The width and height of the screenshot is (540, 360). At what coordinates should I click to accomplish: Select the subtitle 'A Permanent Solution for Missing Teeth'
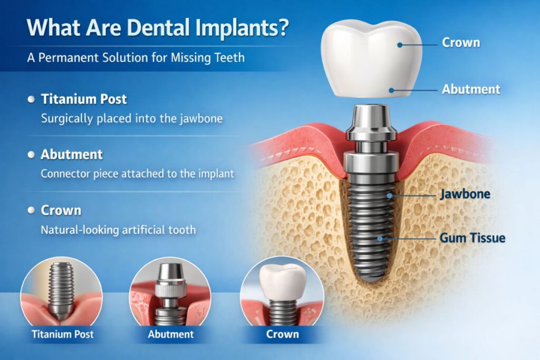[136, 57]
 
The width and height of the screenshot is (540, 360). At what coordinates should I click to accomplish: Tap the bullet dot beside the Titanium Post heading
[31, 100]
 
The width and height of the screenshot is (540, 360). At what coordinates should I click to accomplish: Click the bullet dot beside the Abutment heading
[31, 155]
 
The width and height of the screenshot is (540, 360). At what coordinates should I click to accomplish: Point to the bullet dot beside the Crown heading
[31, 210]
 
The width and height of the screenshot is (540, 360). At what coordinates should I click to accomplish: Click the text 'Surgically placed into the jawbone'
[132, 119]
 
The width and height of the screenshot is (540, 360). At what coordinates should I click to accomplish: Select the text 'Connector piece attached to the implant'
[138, 173]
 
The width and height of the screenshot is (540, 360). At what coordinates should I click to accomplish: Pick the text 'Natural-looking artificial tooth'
[118, 230]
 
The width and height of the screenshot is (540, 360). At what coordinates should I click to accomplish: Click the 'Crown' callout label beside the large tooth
[461, 43]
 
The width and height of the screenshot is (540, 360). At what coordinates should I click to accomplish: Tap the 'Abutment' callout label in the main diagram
[471, 89]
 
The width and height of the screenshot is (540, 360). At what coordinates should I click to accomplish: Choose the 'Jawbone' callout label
[465, 194]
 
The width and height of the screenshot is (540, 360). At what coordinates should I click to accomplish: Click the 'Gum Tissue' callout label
[472, 238]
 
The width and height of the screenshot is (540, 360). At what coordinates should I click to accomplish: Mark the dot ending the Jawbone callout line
[390, 196]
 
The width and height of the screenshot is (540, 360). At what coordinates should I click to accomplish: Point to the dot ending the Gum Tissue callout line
[380, 239]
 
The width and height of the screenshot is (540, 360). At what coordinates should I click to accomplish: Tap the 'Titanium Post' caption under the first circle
[62, 334]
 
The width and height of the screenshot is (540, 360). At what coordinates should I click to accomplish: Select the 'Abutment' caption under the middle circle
[171, 334]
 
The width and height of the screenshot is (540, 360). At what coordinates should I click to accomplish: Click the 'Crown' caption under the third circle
[283, 334]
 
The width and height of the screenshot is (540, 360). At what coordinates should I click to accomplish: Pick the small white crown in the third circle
[283, 281]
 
